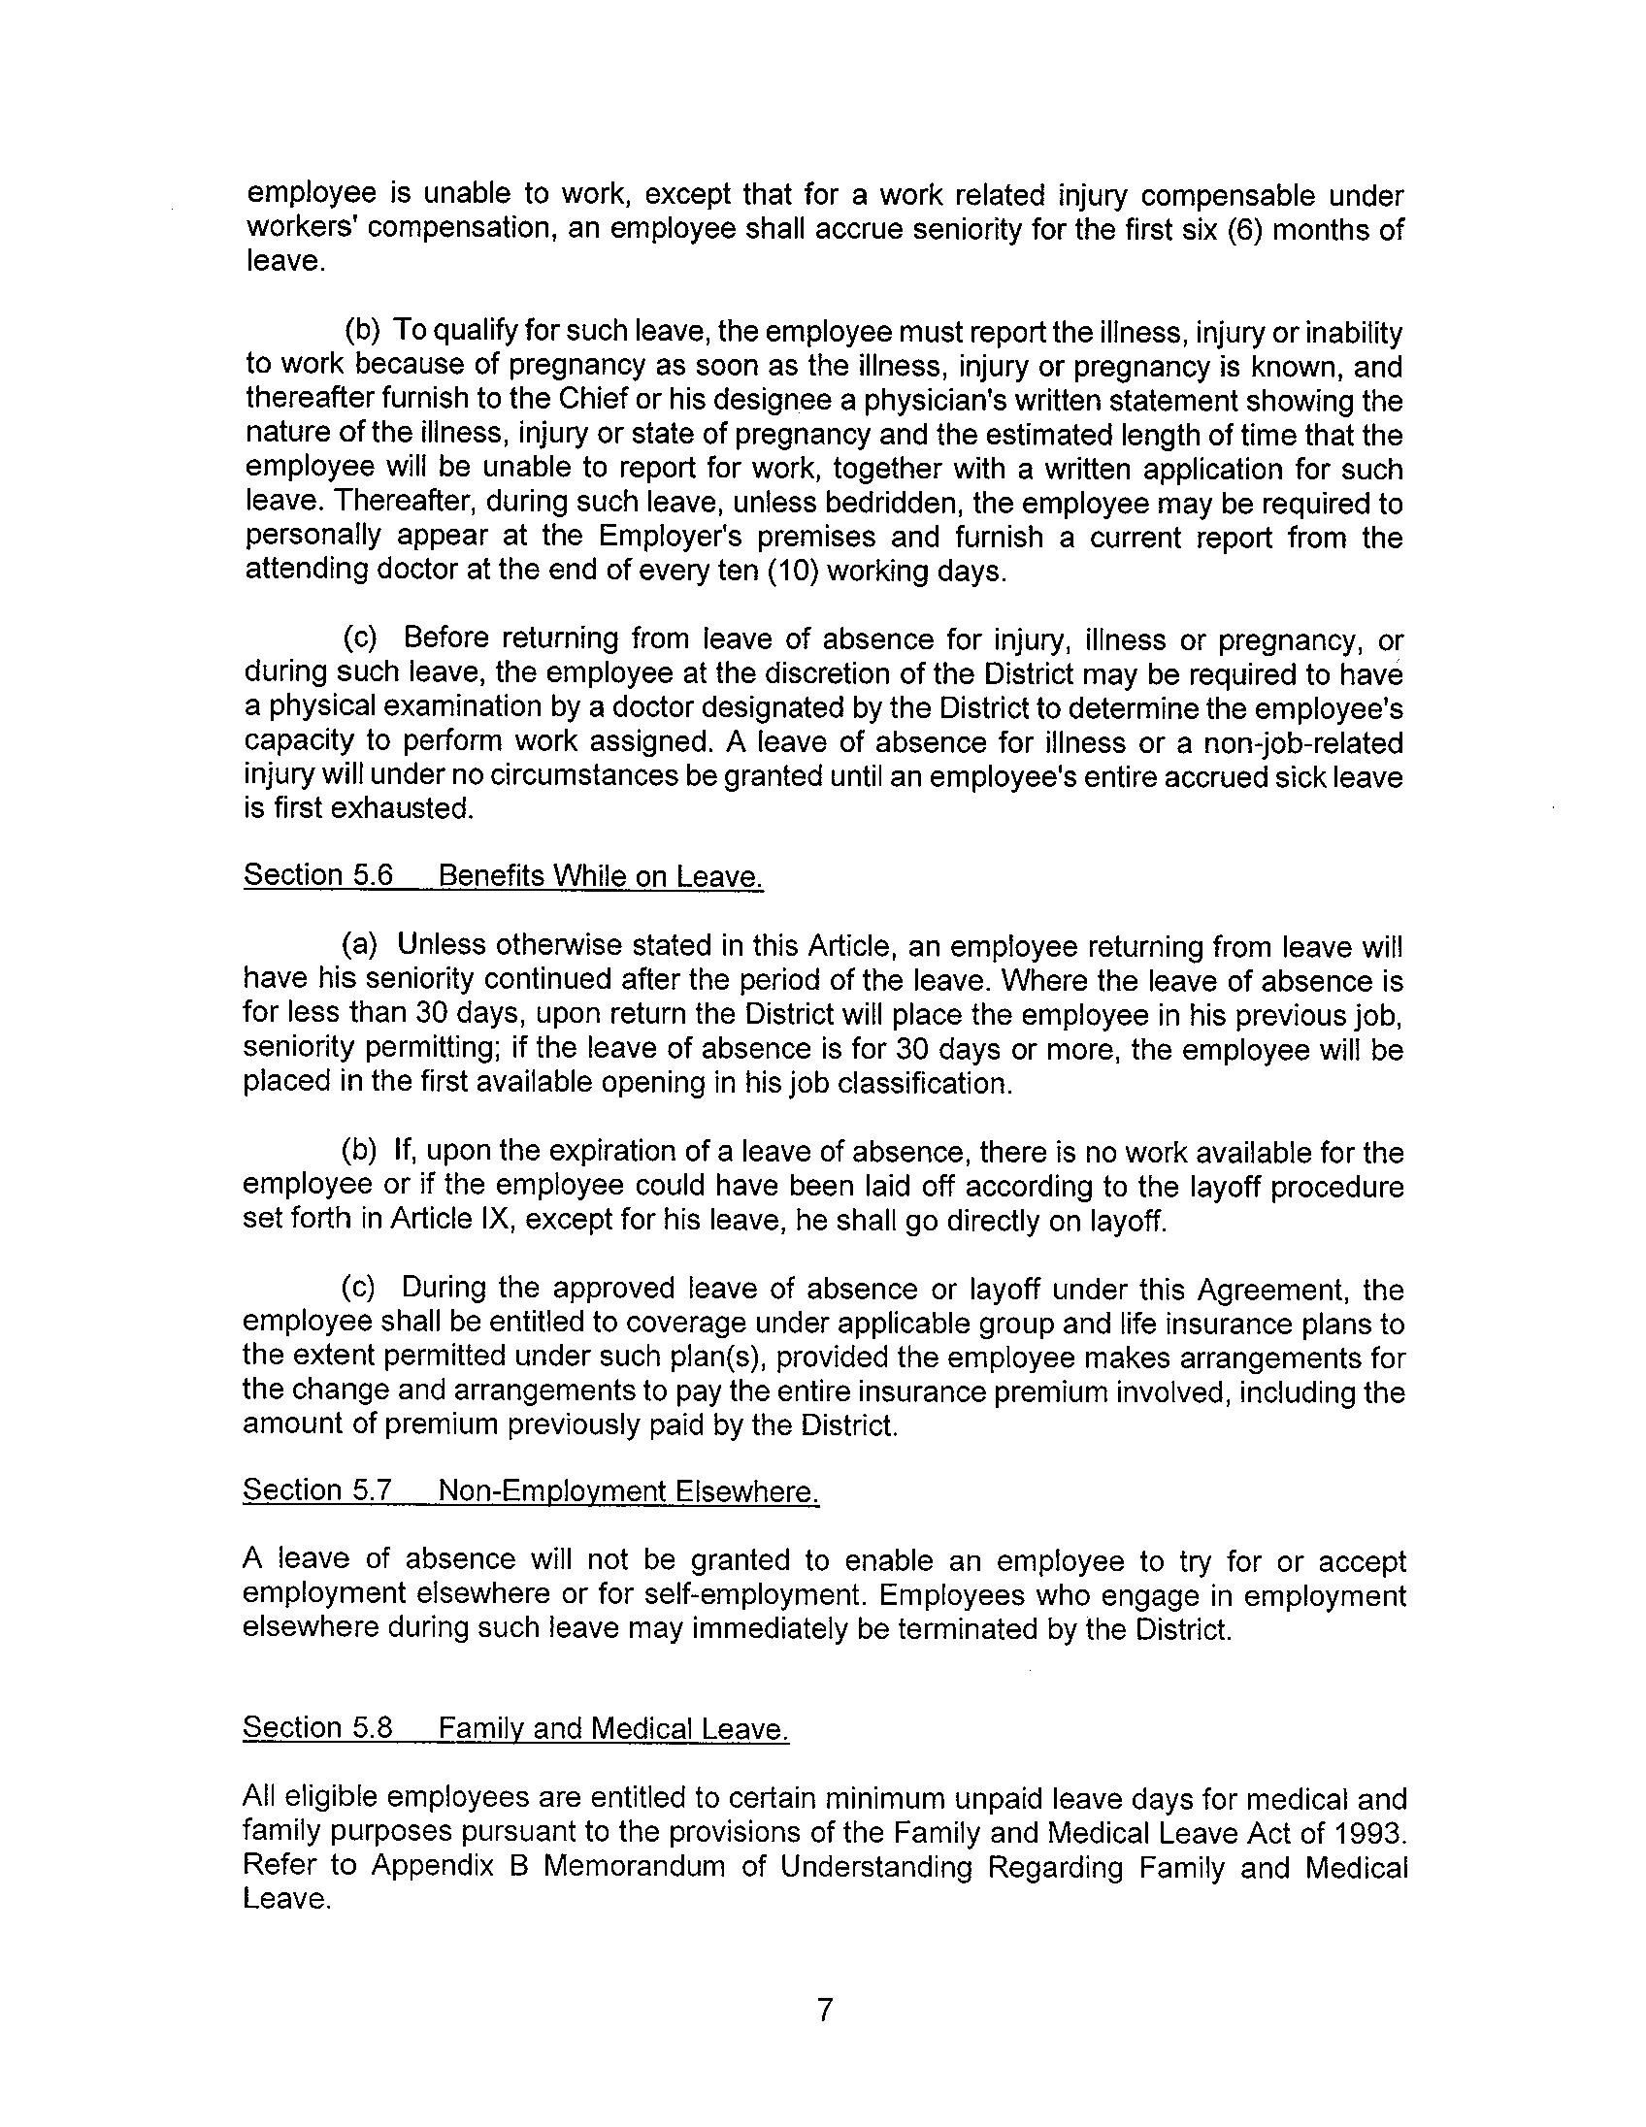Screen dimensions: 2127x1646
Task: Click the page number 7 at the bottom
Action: coord(824,2010)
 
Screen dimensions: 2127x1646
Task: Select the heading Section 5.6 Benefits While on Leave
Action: coord(503,875)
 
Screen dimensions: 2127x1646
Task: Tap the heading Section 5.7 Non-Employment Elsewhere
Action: coord(531,1491)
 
